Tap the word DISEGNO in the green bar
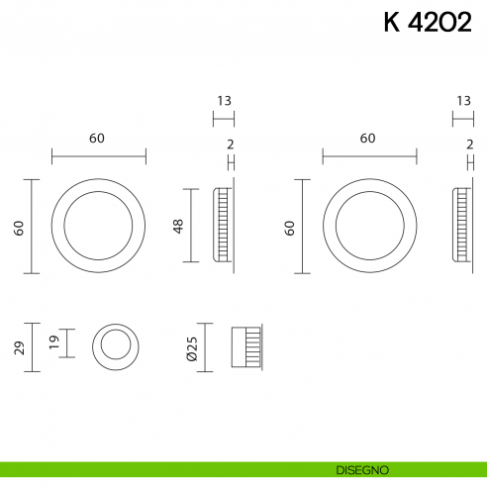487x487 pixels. tap(368, 468)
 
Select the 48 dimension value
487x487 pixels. tap(179, 226)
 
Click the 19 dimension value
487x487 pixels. tap(55, 343)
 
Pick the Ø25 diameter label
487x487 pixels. tap(192, 347)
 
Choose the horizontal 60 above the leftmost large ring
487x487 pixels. tap(97, 139)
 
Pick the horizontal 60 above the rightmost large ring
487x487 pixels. tap(368, 139)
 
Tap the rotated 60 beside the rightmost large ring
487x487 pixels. tap(290, 227)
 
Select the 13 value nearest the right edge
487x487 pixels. tap(464, 101)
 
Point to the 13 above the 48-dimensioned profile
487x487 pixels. tap(224, 101)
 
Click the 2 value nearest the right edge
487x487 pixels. tap(468, 145)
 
